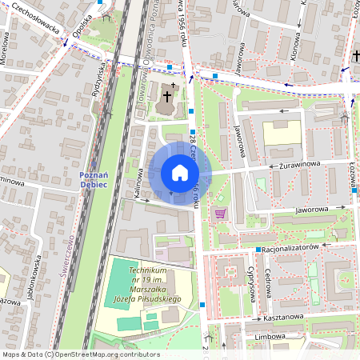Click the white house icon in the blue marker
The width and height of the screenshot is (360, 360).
pos(180,173)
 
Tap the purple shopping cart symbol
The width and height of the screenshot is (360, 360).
pos(221,213)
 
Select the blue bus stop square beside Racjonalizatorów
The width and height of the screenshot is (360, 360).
pos(258,250)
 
